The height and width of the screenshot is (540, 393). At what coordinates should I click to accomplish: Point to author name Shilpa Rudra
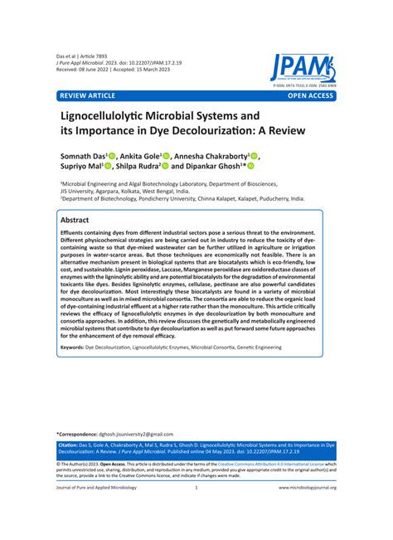click(146, 166)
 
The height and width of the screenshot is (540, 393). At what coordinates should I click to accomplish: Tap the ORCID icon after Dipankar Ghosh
click(251, 166)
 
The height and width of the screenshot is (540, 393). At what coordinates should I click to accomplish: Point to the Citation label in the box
click(70, 468)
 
